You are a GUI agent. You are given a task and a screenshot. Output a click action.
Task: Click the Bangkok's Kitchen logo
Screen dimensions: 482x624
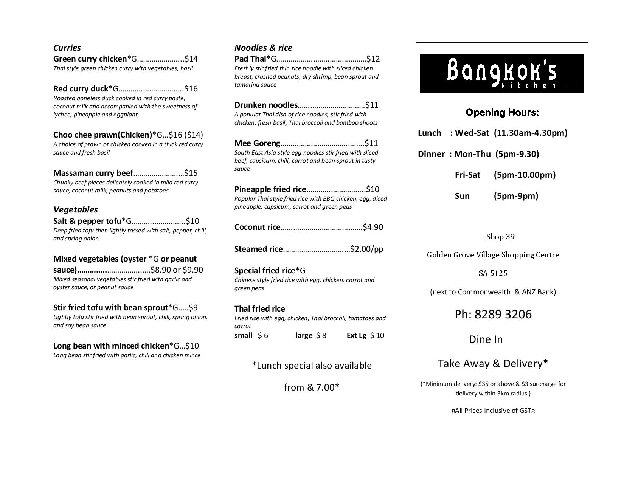click(x=501, y=73)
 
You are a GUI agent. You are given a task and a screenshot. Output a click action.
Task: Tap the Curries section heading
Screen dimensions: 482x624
click(x=67, y=48)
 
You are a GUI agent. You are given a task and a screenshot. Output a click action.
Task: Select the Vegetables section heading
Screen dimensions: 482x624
click(x=75, y=209)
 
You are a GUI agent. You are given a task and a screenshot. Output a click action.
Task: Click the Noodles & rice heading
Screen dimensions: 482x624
click(x=263, y=48)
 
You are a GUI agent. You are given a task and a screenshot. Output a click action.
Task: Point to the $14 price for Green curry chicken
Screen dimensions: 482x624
click(x=191, y=59)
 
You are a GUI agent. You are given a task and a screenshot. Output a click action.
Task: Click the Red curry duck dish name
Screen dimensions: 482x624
click(x=81, y=89)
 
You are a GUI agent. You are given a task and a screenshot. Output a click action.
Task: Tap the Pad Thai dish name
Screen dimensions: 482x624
click(x=250, y=59)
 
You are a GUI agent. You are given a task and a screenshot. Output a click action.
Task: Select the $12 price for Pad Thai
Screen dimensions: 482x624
click(x=373, y=59)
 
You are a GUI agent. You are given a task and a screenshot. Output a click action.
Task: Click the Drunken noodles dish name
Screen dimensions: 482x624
click(x=266, y=105)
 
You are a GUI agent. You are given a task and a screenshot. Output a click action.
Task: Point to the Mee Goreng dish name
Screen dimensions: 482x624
click(x=257, y=143)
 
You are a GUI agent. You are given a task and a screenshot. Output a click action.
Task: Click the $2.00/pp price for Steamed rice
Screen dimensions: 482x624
click(x=366, y=249)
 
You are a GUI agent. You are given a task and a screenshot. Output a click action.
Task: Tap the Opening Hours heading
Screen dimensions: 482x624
click(x=502, y=113)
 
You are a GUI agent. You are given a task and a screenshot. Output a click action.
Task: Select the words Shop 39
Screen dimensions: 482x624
click(x=500, y=237)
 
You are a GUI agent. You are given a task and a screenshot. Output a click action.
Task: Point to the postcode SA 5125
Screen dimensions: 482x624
click(x=493, y=273)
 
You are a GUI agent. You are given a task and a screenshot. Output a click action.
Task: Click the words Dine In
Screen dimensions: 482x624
click(x=486, y=339)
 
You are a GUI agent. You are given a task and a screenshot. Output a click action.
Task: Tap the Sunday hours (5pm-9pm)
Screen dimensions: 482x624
click(x=516, y=196)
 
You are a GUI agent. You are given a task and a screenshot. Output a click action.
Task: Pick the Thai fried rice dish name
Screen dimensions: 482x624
click(x=259, y=309)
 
